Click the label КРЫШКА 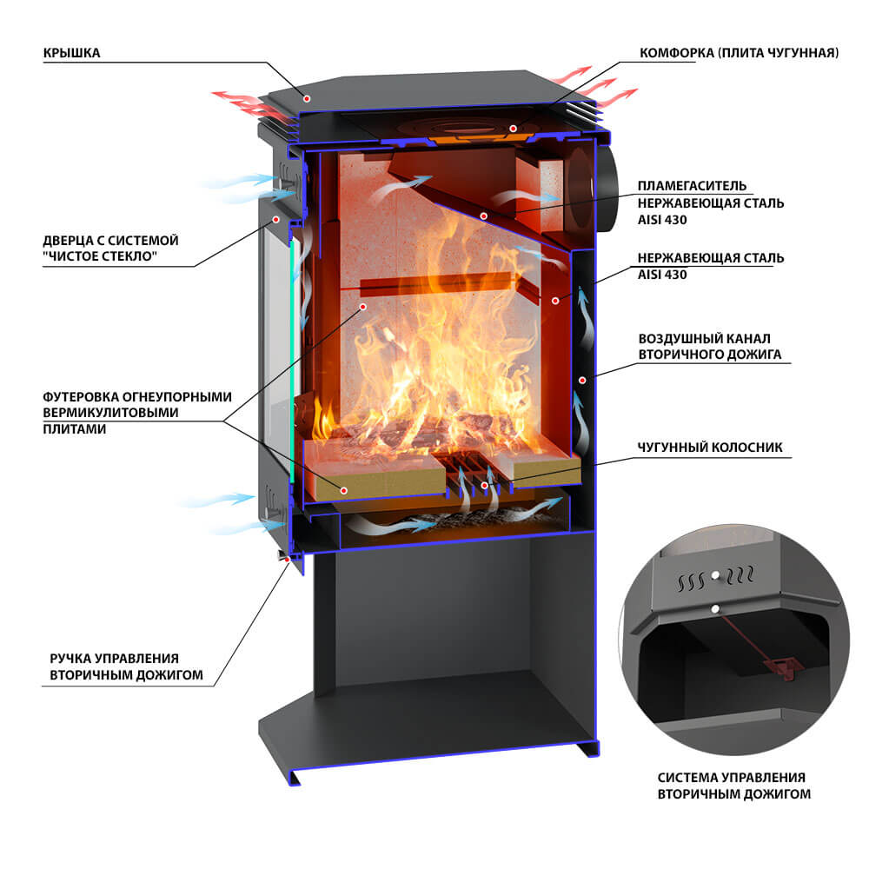(71, 53)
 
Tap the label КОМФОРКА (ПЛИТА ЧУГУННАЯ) (739, 53)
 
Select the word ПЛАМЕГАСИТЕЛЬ (692, 186)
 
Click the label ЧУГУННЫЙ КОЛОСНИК (710, 448)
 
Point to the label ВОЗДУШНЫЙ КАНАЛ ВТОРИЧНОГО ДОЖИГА (710, 347)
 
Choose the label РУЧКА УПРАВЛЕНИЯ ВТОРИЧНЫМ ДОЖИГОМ (126, 667)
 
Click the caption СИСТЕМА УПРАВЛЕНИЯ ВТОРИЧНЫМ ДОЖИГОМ (733, 786)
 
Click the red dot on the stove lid (307, 99)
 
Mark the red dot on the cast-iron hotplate (514, 129)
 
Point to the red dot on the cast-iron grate (484, 486)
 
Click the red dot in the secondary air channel (582, 381)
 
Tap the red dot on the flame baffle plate (484, 216)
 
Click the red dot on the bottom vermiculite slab (343, 490)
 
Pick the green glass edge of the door (292, 362)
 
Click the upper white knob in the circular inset (715, 574)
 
